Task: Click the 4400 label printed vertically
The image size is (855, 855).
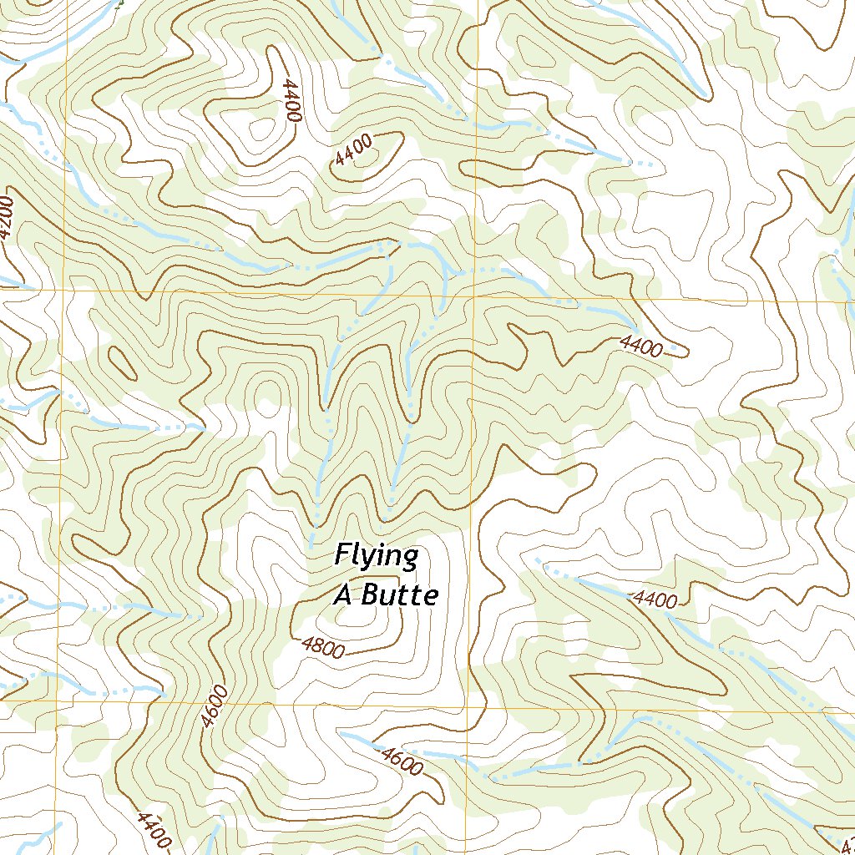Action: [291, 101]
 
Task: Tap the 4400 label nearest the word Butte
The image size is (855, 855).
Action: [655, 599]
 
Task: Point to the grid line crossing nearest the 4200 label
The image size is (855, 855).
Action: [65, 289]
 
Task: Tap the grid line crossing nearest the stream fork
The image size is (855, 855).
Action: [473, 296]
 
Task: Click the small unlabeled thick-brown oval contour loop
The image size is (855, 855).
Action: [123, 362]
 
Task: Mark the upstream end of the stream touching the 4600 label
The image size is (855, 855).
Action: [341, 734]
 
